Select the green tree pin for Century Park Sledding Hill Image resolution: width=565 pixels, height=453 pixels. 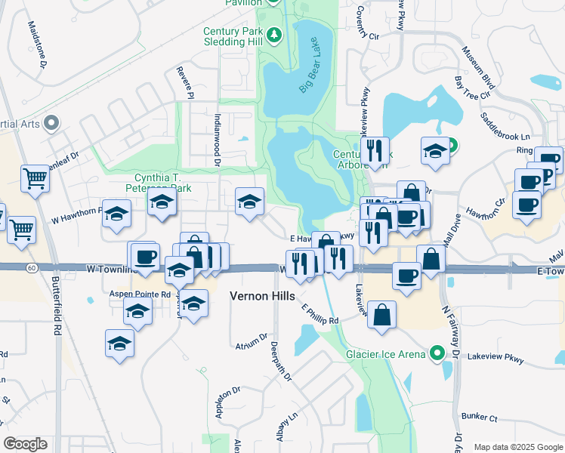pos(273,35)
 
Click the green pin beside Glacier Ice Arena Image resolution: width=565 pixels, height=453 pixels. pos(437,353)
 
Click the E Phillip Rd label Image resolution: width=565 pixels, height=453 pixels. pos(320,315)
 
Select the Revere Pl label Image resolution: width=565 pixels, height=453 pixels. pos(186,82)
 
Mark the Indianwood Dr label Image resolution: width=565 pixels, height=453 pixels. pos(217,139)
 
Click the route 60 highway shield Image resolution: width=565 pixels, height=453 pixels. pos(30,267)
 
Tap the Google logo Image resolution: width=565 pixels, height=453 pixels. pos(25,444)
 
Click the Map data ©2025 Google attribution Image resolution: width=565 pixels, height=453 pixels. pos(517,447)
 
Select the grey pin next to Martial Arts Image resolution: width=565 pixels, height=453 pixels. pos(51,122)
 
